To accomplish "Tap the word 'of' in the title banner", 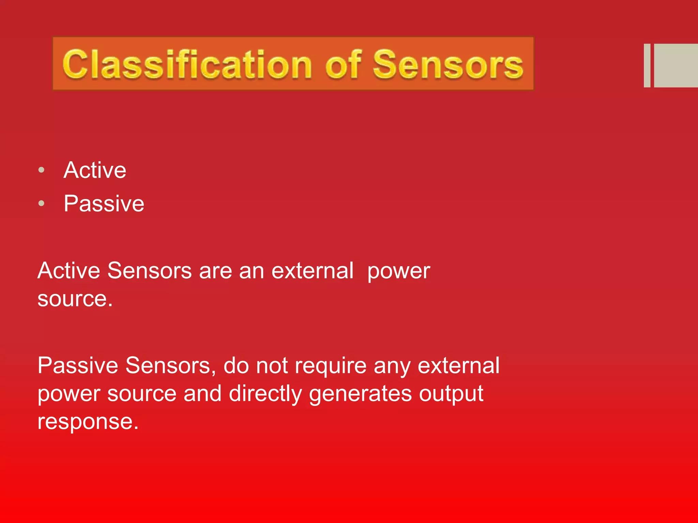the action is (x=343, y=63).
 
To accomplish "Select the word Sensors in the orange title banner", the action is (x=448, y=64).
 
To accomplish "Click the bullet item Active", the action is (x=95, y=170).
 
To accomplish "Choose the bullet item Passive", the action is (x=104, y=204).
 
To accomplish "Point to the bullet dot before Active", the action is (x=42, y=170).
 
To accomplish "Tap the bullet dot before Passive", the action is (x=42, y=204).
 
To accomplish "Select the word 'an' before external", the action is (x=252, y=271).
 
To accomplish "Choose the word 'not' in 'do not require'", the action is (x=272, y=366).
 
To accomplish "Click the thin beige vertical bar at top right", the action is (x=647, y=65).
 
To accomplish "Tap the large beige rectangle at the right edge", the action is (x=676, y=65).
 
